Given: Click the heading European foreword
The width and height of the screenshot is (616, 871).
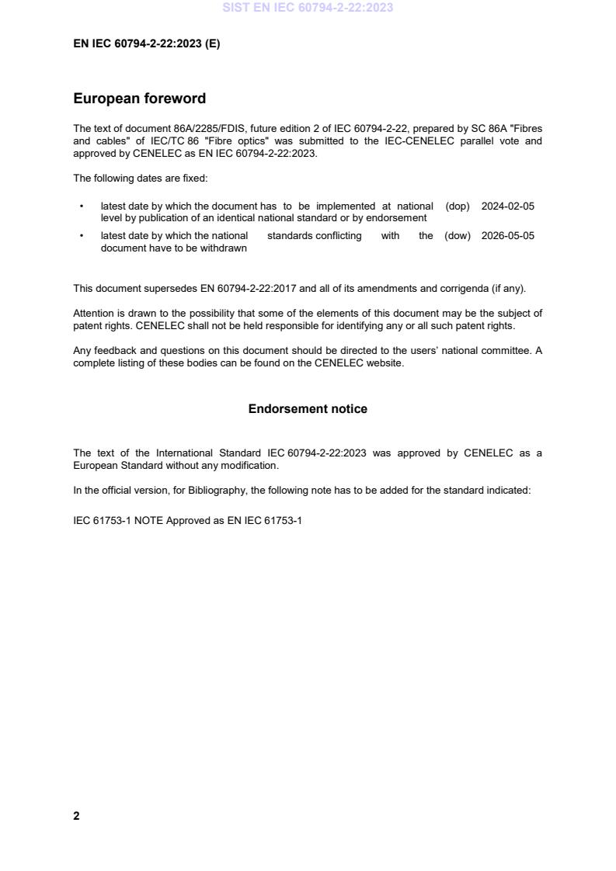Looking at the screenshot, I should [x=139, y=99].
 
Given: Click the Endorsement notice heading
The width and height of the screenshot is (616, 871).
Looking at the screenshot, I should [x=308, y=409].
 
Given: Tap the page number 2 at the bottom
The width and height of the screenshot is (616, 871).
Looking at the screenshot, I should [x=76, y=816].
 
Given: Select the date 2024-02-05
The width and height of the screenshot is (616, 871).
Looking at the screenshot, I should [x=508, y=206].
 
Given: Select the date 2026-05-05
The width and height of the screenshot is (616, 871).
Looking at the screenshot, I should [x=508, y=236].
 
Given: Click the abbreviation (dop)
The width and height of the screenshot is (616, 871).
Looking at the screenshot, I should [x=458, y=206].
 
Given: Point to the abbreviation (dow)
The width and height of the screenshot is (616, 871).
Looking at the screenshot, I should [x=458, y=236].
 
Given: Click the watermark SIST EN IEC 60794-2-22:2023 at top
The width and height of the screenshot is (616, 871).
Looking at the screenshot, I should [x=308, y=8].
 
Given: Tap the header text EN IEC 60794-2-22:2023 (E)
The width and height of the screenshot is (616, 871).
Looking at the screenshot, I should [x=146, y=44].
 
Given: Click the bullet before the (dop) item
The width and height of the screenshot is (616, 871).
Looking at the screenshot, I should [x=82, y=206].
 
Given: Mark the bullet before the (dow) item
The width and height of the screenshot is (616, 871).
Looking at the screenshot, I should [x=82, y=236].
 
